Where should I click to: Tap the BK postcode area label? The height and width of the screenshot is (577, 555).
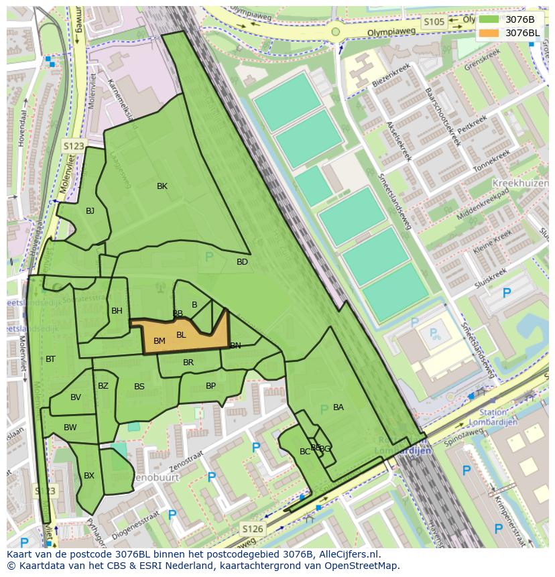[162, 186]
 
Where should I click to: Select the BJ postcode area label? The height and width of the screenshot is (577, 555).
[90, 211]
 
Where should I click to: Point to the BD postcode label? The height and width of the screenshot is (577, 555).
[242, 262]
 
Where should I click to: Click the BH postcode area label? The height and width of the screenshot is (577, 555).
[117, 311]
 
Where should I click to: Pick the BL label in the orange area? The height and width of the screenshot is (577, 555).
[181, 335]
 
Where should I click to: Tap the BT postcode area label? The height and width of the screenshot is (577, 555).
[50, 360]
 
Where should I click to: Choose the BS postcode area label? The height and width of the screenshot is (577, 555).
[139, 387]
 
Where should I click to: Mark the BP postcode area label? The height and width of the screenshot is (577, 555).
[210, 386]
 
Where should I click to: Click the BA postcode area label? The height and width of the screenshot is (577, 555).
[338, 407]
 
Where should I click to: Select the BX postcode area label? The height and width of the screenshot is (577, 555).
[89, 476]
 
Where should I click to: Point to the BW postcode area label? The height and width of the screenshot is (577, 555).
[70, 428]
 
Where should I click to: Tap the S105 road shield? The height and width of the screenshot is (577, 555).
[434, 22]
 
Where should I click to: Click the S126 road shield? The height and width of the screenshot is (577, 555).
[252, 529]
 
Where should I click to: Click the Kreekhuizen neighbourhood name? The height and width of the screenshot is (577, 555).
[520, 183]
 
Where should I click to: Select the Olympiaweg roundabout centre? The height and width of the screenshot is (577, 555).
[335, 31]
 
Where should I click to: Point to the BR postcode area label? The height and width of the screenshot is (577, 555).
[188, 363]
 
